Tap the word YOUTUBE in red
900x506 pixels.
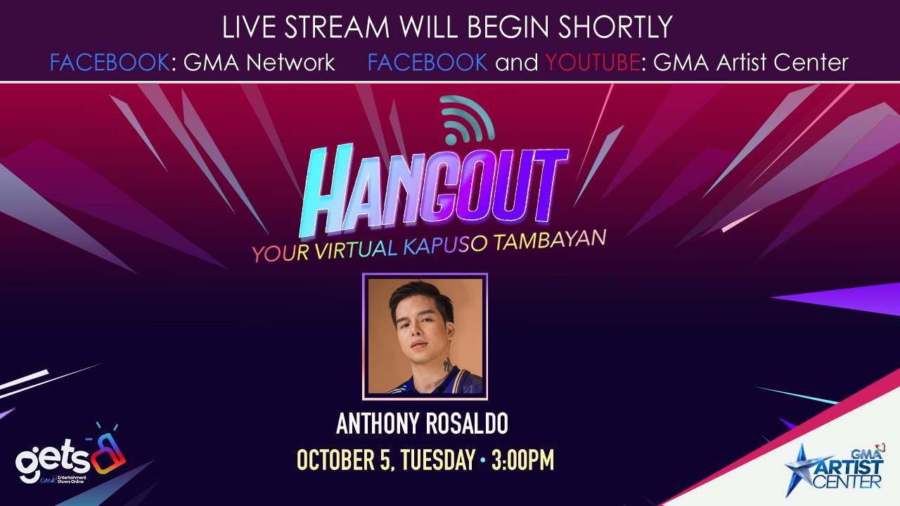tap(593, 63)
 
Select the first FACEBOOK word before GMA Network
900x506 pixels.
tap(110, 63)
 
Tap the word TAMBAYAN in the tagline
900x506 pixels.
tap(550, 240)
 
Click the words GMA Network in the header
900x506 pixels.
tap(259, 63)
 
